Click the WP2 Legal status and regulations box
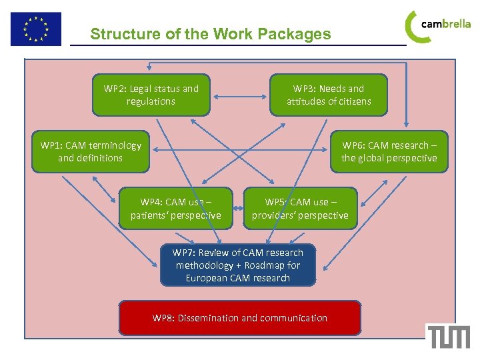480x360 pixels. [x=151, y=95]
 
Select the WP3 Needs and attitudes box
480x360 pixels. [x=328, y=95]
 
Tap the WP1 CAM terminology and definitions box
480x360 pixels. [x=91, y=151]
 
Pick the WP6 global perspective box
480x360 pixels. [x=389, y=151]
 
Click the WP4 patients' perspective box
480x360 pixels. [x=175, y=208]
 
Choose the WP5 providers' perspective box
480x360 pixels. [x=300, y=208]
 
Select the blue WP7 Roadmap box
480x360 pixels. [x=237, y=265]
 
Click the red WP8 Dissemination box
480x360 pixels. [x=240, y=318]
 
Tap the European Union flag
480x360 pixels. [x=35, y=29]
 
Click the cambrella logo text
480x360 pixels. [x=446, y=24]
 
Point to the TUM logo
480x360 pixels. [x=449, y=336]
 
